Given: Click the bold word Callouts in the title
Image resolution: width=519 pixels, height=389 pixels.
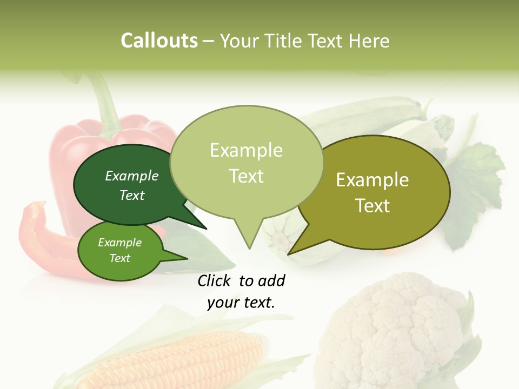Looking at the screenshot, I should tap(159, 41).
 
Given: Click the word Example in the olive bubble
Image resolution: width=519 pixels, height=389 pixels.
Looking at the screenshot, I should tap(372, 180).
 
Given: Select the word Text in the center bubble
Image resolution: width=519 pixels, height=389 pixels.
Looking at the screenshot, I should tap(247, 176).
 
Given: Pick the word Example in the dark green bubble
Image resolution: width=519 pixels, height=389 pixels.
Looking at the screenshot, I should tap(132, 176).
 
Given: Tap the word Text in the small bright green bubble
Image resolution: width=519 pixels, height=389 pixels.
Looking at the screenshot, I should tap(120, 258).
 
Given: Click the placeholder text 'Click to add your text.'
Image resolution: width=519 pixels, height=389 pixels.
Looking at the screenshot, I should tap(241, 292).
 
